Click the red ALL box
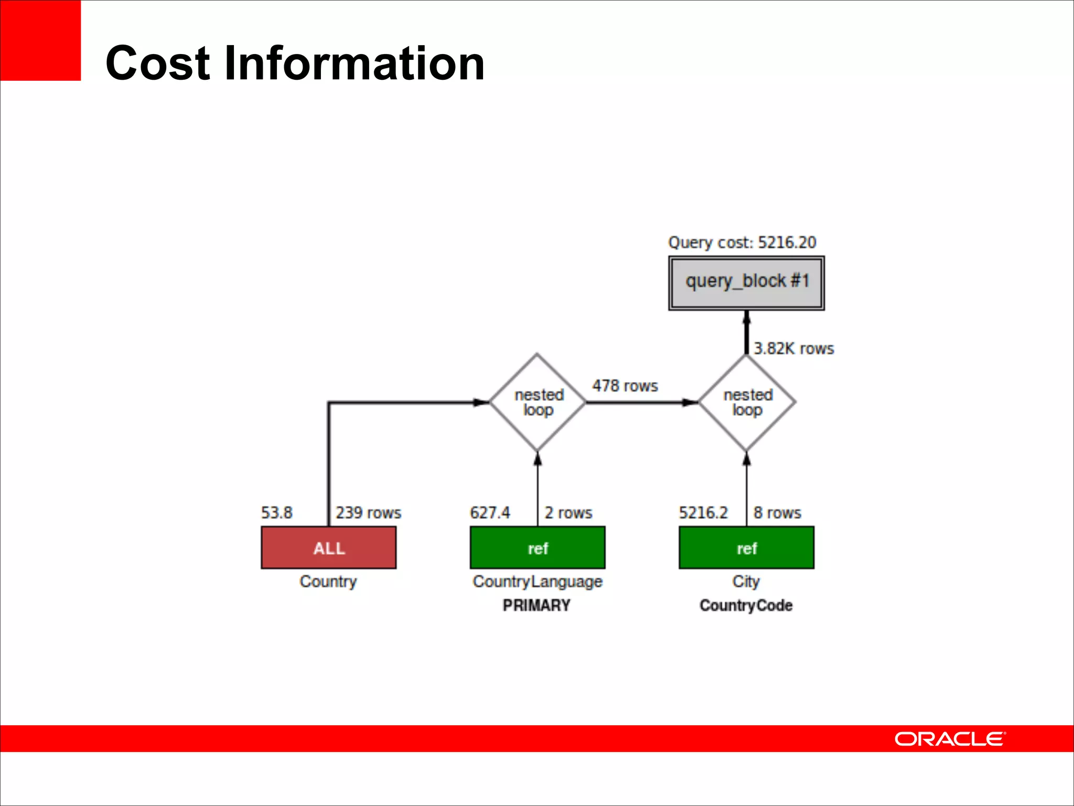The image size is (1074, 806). [328, 547]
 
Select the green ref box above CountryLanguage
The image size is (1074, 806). [537, 547]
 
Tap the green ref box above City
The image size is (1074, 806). [746, 547]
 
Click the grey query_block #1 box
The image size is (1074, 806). [746, 283]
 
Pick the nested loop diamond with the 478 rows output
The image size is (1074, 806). [537, 402]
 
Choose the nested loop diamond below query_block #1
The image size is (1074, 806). [747, 402]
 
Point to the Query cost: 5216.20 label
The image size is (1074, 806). [742, 242]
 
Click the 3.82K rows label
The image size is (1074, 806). [793, 348]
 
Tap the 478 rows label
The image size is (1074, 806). [625, 386]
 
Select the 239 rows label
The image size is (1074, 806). [368, 512]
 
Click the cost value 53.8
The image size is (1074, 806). [277, 512]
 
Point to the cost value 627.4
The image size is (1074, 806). [490, 512]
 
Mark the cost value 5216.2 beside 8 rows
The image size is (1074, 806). [703, 512]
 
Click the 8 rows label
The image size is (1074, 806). [777, 512]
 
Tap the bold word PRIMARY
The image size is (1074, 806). [536, 605]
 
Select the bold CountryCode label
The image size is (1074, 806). [746, 605]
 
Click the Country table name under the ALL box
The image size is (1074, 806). [328, 581]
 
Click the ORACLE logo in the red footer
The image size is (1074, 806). [950, 739]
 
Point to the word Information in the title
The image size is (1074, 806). [354, 63]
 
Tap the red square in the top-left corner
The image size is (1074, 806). [40, 40]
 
